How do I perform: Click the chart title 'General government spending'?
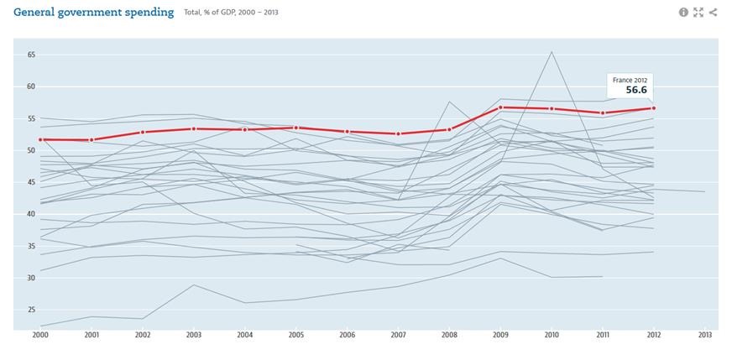click(x=94, y=13)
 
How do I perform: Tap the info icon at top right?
click(x=683, y=13)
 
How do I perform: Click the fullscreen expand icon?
click(x=698, y=13)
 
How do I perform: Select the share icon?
click(x=713, y=13)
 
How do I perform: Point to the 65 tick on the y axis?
click(x=31, y=55)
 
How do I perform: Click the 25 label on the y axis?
click(x=31, y=310)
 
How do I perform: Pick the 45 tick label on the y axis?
click(x=31, y=182)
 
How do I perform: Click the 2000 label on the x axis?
click(x=40, y=335)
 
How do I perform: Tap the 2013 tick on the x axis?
click(x=704, y=335)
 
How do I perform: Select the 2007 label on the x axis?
click(x=398, y=335)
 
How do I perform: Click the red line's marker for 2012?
click(x=653, y=108)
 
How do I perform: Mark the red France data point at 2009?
click(x=500, y=107)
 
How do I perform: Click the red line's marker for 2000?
click(x=40, y=139)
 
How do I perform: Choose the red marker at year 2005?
click(x=296, y=128)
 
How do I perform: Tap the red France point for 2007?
click(x=398, y=133)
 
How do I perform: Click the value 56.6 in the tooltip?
click(x=636, y=90)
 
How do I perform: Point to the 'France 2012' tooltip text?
click(x=629, y=80)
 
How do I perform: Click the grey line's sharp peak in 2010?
click(x=552, y=52)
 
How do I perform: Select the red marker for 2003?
click(x=194, y=128)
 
